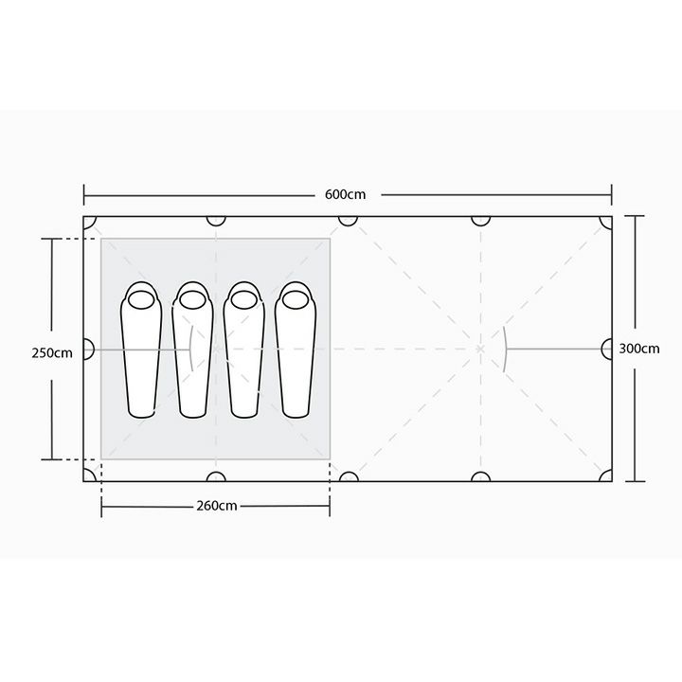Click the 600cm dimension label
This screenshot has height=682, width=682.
pyautogui.click(x=346, y=194)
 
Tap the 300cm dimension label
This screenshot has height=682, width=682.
pyautogui.click(x=639, y=349)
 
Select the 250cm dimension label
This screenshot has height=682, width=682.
pyautogui.click(x=52, y=352)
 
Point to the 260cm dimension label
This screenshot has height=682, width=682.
pyautogui.click(x=217, y=506)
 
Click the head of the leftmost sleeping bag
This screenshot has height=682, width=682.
pyautogui.click(x=141, y=299)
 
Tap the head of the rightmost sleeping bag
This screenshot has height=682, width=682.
pyautogui.click(x=296, y=299)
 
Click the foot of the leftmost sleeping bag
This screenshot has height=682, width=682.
pyautogui.click(x=141, y=411)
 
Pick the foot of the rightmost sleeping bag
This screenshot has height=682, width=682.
pyautogui.click(x=296, y=411)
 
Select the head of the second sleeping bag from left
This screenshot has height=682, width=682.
pyautogui.click(x=192, y=299)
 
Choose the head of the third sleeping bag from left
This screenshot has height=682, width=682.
pyautogui.click(x=244, y=299)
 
